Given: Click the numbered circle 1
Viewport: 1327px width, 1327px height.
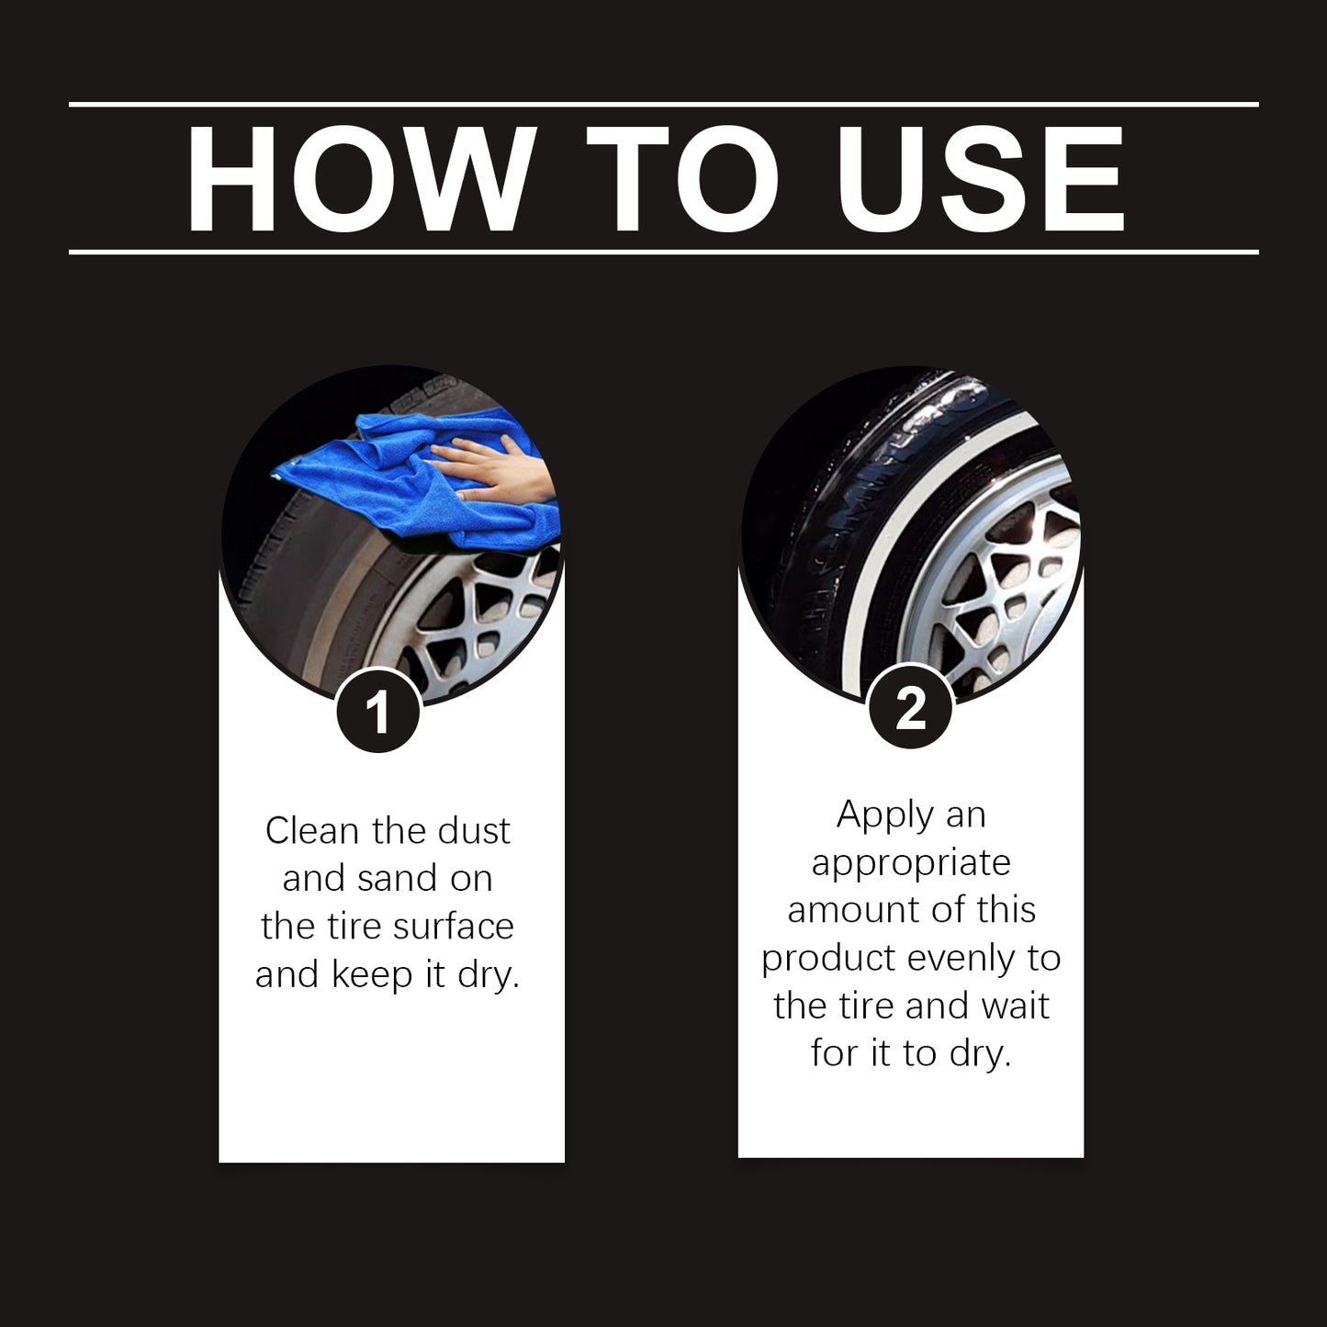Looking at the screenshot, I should click(377, 713).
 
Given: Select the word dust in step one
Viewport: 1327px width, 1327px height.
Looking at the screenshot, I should click(473, 831).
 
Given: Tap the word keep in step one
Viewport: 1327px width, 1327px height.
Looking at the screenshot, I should click(373, 974).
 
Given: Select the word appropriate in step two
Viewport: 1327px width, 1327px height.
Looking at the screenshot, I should click(910, 862).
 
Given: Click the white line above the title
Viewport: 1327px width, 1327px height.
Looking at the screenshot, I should click(663, 105).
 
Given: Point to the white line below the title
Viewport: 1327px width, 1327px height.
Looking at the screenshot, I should click(663, 252).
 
